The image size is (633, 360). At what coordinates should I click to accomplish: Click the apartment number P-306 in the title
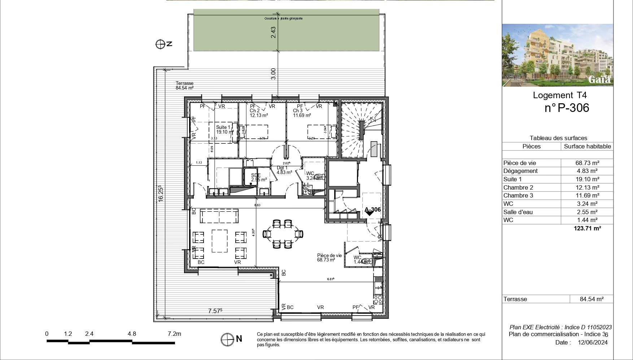tap(567, 108)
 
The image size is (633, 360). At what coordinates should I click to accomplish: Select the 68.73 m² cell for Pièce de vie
tap(587, 163)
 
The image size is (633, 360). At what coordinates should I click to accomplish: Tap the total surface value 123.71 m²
tap(587, 228)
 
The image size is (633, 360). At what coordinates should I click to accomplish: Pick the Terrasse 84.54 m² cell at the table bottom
tap(591, 299)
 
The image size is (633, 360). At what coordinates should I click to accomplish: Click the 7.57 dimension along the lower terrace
tap(215, 311)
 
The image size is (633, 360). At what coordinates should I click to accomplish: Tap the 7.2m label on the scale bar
tap(174, 334)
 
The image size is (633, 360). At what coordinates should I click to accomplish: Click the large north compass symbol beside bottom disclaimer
tap(227, 339)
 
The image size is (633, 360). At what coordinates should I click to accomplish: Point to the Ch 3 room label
tap(298, 111)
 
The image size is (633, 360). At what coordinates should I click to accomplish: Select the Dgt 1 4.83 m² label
tap(284, 170)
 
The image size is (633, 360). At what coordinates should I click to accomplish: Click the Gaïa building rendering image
tap(557, 55)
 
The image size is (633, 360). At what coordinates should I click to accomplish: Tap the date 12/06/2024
tap(593, 342)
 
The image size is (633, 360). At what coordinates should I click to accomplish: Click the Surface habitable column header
tap(587, 146)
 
